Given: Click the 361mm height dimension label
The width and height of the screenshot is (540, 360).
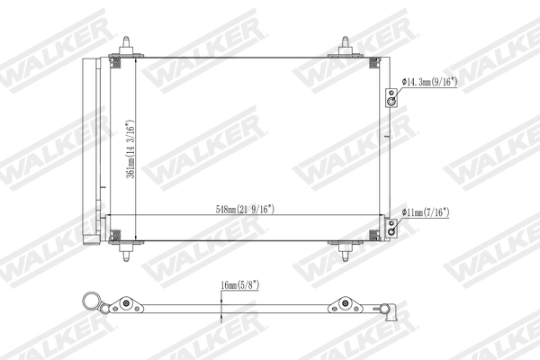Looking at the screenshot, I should (131, 148).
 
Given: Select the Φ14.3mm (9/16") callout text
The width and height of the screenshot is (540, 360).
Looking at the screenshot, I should (430, 82).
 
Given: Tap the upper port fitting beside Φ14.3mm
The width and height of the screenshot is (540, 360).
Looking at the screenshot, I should (391, 98).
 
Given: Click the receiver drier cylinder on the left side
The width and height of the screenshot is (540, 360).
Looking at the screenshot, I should (91, 148).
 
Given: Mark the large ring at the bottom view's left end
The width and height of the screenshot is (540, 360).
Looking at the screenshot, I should (90, 301).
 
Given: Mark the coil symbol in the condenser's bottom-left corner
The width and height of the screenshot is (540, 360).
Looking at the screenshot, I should (115, 238).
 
